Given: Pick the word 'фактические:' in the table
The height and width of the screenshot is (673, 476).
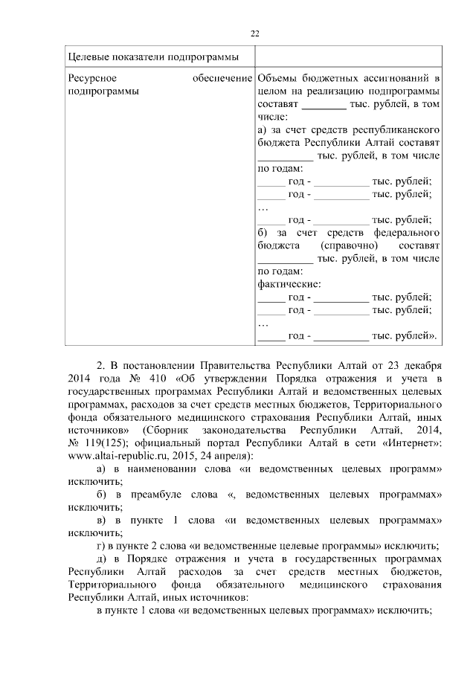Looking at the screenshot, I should point(289,284).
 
